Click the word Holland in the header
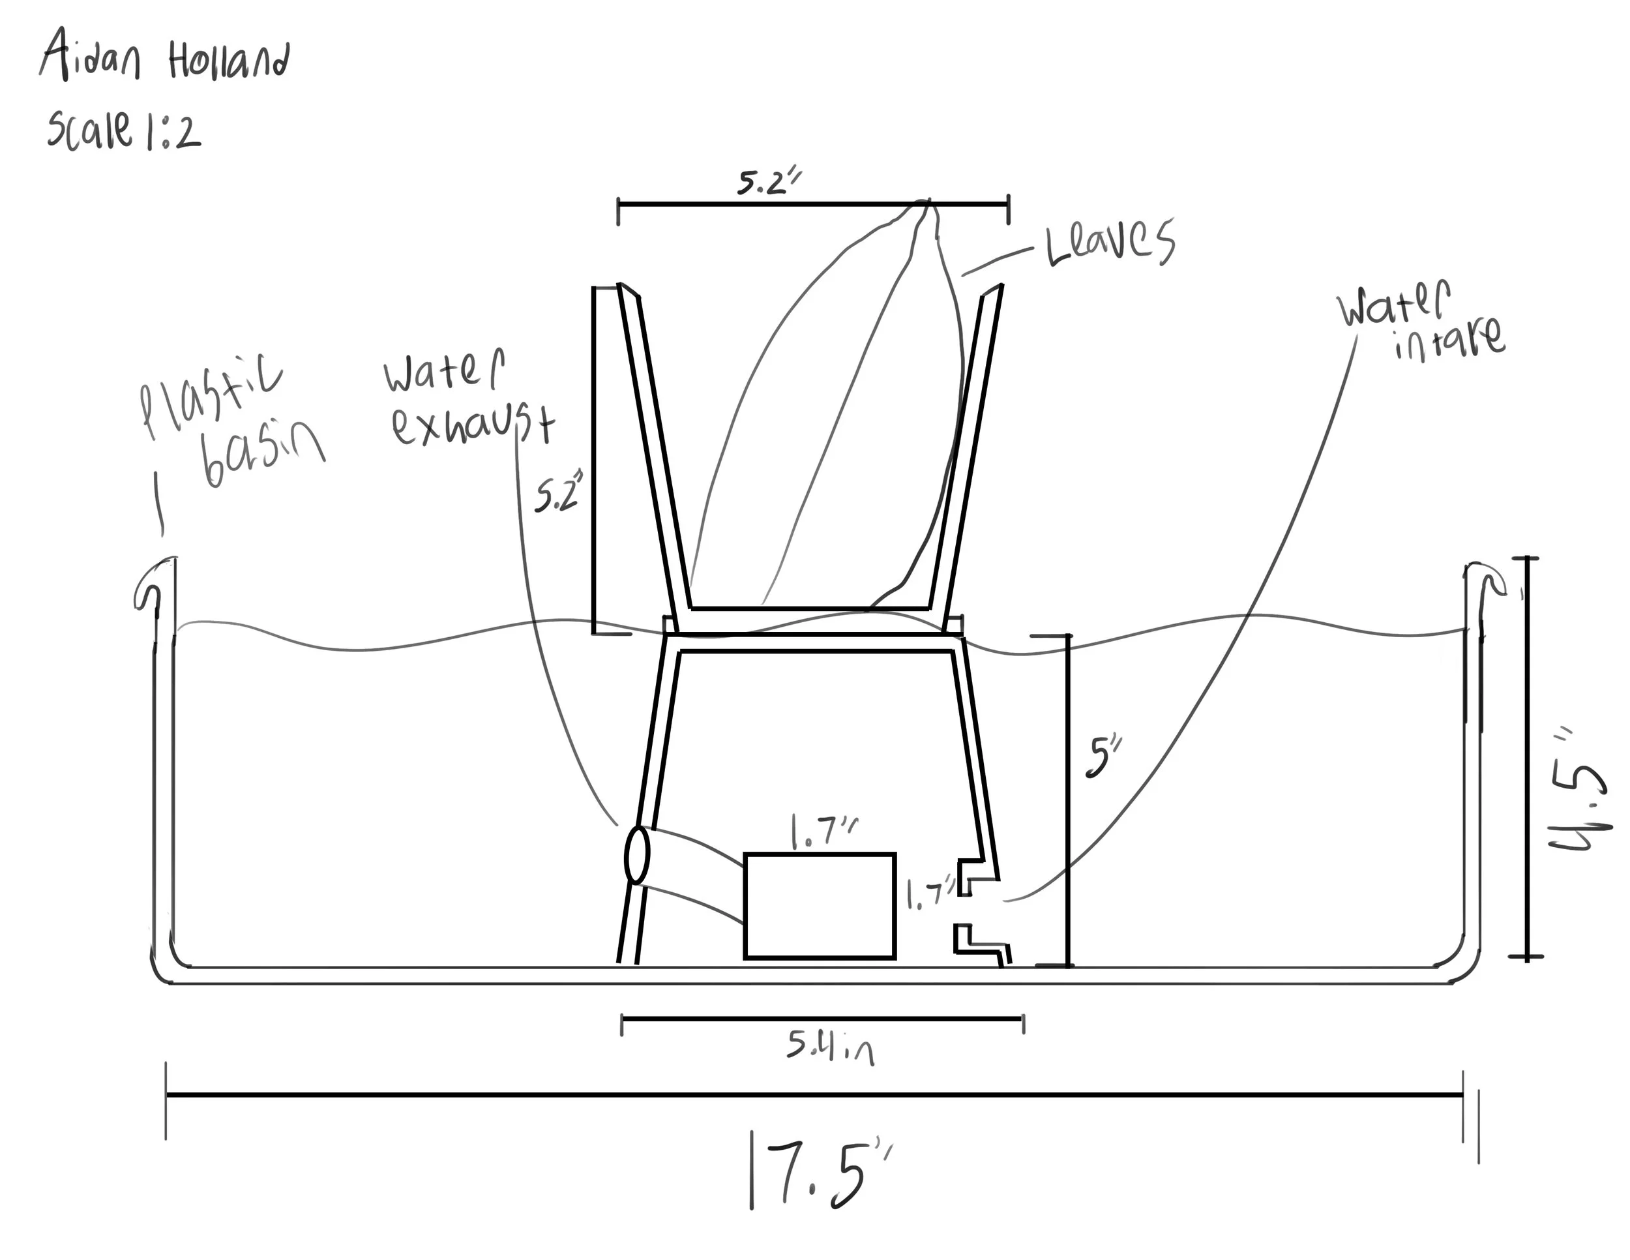[x=228, y=61]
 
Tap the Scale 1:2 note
[x=123, y=131]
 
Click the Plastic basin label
[x=231, y=422]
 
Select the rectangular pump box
[x=820, y=905]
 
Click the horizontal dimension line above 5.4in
[x=821, y=1018]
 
